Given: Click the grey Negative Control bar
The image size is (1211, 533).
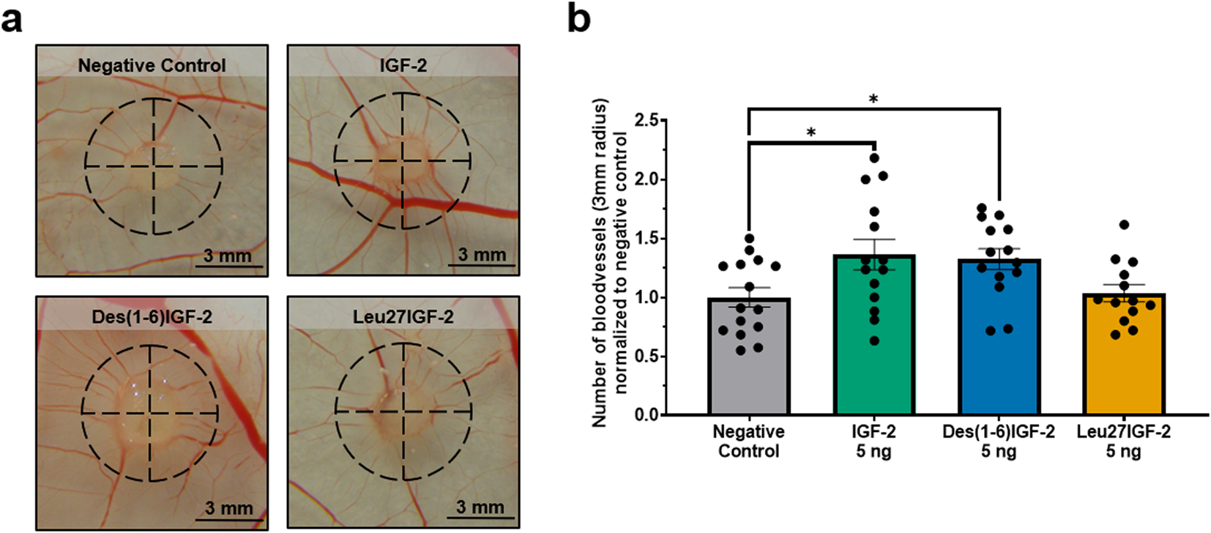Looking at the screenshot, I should [748, 366].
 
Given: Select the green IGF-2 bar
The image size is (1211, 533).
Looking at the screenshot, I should [873, 351].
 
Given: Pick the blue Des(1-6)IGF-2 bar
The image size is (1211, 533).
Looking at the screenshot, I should [999, 351].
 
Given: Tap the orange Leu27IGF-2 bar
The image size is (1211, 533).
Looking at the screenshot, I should [1124, 366].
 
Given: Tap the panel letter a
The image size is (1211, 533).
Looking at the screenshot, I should [12, 20].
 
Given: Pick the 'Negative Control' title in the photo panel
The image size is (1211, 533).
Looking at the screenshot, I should [152, 65].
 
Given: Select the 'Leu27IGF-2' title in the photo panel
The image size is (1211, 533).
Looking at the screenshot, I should [403, 317].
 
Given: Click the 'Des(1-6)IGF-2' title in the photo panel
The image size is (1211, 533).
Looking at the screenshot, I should [152, 317].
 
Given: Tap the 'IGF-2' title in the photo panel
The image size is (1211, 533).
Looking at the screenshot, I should [403, 65].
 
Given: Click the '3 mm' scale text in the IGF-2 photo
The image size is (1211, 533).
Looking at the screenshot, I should [482, 255].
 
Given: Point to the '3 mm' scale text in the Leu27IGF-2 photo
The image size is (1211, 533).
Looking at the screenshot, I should [480, 507].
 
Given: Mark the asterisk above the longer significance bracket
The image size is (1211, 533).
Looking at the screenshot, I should [873, 100].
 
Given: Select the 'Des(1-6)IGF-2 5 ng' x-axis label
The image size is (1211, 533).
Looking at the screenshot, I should [999, 441].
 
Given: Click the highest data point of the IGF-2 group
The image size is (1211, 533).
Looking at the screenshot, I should [874, 158].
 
